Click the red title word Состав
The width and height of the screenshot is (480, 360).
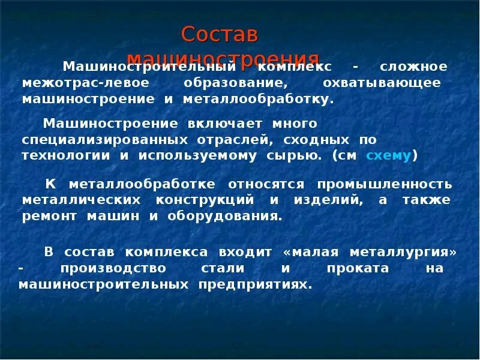[x=220, y=35]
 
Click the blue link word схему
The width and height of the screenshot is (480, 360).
[x=389, y=155]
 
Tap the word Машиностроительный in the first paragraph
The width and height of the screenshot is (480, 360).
[x=149, y=67]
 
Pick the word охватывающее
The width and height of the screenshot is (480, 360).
[x=382, y=83]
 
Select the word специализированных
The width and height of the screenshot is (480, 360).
[x=105, y=140]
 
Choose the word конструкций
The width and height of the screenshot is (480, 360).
[x=206, y=200]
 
